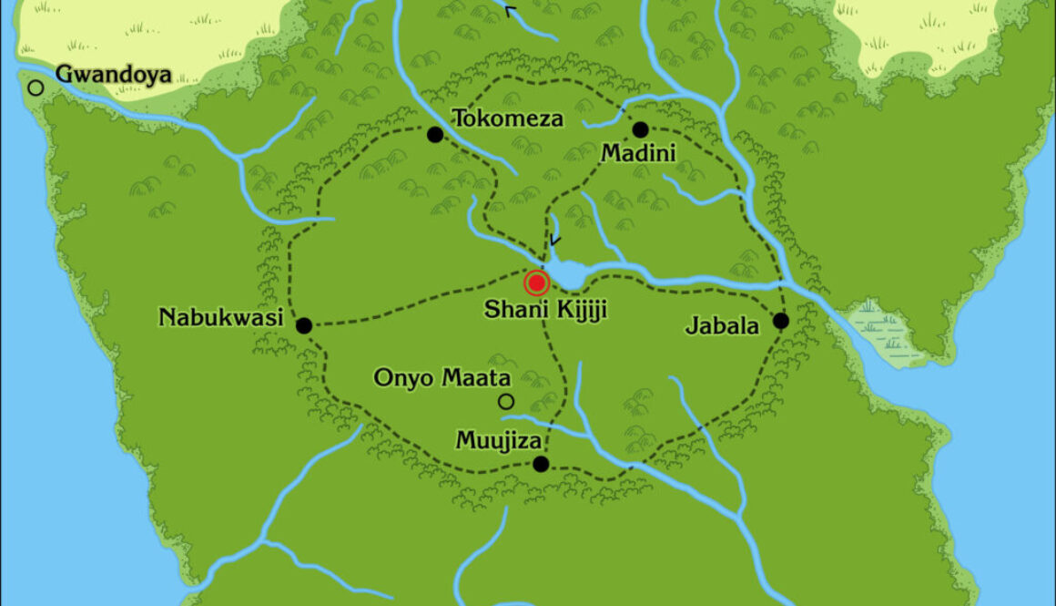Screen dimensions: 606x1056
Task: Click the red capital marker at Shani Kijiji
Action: point(536,282)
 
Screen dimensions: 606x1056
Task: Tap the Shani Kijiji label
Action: point(544,310)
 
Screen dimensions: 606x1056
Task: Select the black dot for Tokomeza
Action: point(435,135)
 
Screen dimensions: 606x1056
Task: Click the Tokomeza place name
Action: point(508,118)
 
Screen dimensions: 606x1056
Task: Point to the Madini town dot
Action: point(640,129)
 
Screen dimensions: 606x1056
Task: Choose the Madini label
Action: point(638,153)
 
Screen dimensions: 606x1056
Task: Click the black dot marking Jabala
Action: point(780,321)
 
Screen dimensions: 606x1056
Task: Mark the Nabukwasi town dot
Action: point(304,325)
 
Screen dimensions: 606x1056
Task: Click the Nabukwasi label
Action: point(221,318)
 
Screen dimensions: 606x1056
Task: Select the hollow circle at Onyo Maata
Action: point(506,401)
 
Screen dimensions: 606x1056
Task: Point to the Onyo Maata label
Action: point(443,377)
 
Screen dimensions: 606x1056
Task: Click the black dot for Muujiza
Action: point(541,464)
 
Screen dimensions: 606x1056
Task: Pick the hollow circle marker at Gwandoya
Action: point(36,87)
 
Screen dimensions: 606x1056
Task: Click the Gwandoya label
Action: point(114,74)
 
